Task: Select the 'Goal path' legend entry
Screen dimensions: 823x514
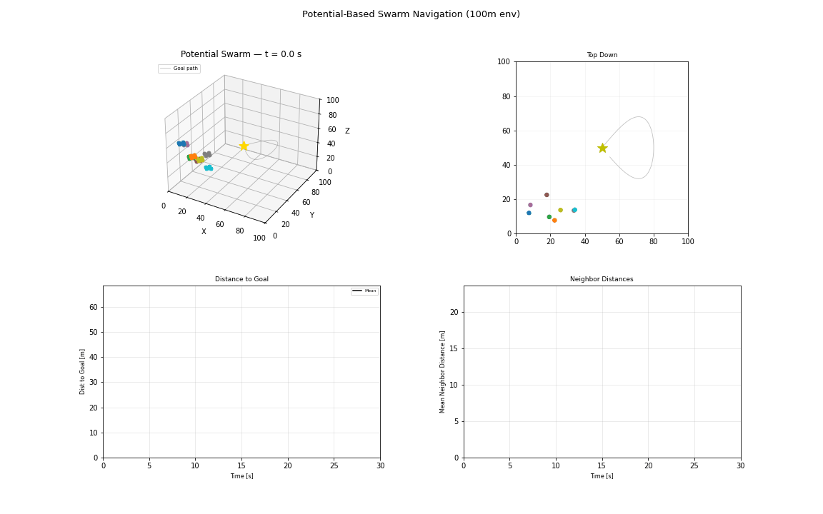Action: [x=179, y=69]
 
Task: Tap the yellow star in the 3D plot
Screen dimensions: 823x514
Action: [x=244, y=146]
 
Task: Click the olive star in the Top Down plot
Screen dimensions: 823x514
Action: [x=602, y=148]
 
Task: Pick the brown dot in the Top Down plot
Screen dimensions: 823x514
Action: [x=547, y=195]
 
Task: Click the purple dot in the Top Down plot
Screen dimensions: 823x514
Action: [x=530, y=205]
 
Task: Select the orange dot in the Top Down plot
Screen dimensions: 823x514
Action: [x=554, y=221]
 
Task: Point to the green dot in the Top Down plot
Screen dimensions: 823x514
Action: [x=549, y=217]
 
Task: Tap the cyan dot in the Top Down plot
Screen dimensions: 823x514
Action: [x=574, y=211]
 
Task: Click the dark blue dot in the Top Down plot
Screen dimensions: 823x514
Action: [x=529, y=213]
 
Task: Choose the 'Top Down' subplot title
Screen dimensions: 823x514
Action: [x=602, y=55]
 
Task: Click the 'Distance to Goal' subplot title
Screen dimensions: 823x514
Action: [x=241, y=279]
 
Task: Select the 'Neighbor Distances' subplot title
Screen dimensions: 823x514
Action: [x=602, y=279]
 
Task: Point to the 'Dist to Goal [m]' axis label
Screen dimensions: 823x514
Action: [x=82, y=372]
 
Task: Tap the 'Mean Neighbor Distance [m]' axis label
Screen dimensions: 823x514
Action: [x=442, y=372]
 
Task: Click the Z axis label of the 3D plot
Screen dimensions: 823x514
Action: [x=347, y=131]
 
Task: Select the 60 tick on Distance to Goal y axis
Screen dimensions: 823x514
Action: [x=94, y=308]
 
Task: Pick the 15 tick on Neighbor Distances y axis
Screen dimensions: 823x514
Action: [x=454, y=349]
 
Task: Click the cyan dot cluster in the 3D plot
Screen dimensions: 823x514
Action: [x=209, y=168]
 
